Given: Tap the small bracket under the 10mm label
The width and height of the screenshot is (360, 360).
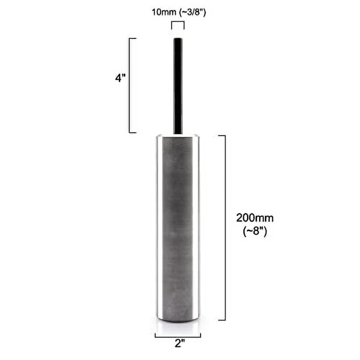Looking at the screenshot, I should click(177, 23).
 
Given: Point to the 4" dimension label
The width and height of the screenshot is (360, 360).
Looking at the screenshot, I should click(120, 78).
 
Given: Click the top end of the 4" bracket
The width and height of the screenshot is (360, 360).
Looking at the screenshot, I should click(132, 38).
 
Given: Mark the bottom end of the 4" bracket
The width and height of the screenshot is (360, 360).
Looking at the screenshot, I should click(132, 132).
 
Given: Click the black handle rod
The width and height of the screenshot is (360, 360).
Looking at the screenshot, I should click(178, 86).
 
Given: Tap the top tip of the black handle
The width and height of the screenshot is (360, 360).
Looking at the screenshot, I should click(178, 39).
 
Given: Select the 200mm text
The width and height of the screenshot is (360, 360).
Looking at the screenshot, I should click(255, 218).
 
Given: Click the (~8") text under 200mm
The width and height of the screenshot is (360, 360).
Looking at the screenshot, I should click(255, 232).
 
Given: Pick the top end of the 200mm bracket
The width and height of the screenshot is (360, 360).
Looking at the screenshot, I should click(222, 136).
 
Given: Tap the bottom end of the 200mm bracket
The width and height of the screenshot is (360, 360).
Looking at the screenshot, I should click(222, 320).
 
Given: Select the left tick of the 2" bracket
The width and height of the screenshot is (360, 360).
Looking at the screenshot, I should click(155, 335).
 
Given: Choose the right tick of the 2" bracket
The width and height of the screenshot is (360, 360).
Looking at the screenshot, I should click(201, 335).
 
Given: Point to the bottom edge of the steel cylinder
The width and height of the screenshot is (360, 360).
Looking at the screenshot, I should click(178, 321).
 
